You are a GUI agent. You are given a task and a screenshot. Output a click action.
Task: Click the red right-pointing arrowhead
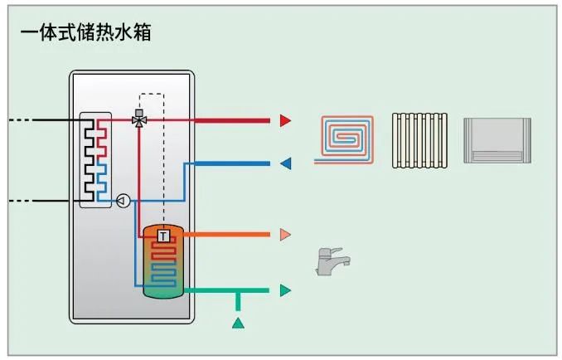click(x=285, y=120)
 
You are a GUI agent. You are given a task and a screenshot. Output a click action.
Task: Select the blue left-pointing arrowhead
click(x=285, y=163)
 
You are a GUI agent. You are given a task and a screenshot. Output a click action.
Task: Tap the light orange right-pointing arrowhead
click(x=285, y=235)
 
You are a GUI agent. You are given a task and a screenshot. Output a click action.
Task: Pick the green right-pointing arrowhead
click(x=285, y=290)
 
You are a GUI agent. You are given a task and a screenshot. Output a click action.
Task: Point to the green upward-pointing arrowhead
click(x=238, y=322)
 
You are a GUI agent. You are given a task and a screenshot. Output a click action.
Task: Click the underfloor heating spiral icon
click(x=346, y=139)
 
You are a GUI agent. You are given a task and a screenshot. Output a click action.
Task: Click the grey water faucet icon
click(x=332, y=261)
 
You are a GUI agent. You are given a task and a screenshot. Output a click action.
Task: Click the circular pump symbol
click(x=123, y=200)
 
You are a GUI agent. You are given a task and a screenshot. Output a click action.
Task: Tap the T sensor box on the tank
click(x=163, y=236)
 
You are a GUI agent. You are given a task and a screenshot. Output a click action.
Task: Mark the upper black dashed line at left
click(x=33, y=120)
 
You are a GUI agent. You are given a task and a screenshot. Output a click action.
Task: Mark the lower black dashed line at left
click(x=33, y=200)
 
